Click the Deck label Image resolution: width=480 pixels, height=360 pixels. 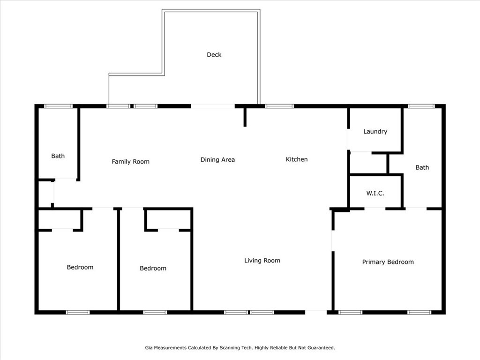(214, 55)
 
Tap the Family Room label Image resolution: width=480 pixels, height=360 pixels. (130, 162)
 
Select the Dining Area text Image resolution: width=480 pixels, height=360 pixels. (217, 160)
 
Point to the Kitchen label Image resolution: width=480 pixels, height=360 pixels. (297, 159)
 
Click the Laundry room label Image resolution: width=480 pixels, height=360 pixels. (375, 132)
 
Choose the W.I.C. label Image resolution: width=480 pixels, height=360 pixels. (375, 193)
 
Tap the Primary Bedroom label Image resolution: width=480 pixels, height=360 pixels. (388, 262)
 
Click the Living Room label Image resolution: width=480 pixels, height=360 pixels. (262, 261)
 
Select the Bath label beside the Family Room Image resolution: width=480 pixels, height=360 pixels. (58, 156)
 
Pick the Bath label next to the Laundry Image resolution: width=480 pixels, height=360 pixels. (422, 167)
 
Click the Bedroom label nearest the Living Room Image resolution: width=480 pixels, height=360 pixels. (153, 269)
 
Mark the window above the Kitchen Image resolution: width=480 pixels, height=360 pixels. (279, 106)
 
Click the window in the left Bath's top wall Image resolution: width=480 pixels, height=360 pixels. (58, 106)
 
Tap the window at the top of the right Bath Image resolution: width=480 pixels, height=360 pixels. (421, 106)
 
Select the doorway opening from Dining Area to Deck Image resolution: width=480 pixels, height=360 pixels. (212, 106)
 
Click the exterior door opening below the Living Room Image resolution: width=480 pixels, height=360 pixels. (316, 311)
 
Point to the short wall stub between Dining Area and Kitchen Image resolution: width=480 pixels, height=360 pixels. (245, 117)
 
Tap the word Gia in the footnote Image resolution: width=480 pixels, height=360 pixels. (149, 348)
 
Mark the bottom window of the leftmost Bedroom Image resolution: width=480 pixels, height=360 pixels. (77, 312)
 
